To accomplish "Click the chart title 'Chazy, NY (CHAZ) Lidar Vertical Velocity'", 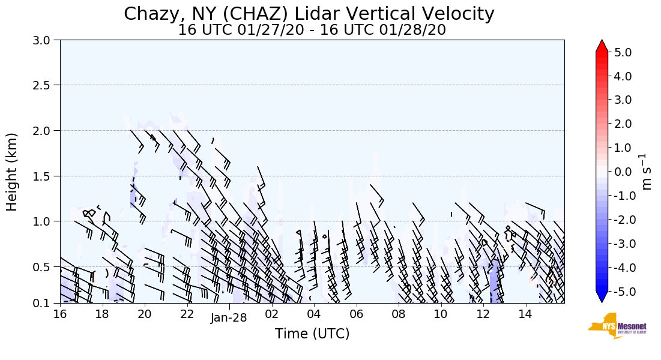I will (309, 14).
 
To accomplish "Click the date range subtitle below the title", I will (312, 30).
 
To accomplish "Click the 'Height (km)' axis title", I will (13, 172).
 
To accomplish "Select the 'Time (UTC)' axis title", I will (312, 334).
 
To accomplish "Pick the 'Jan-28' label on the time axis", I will (229, 318).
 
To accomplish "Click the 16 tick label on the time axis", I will (59, 314).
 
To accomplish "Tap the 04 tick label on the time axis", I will (314, 314).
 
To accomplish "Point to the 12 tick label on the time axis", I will (483, 314).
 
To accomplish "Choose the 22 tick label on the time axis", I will (187, 314).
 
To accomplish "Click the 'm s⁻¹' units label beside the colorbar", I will (647, 172).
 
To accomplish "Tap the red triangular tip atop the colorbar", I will (602, 46).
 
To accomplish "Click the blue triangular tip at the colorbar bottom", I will (602, 298).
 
